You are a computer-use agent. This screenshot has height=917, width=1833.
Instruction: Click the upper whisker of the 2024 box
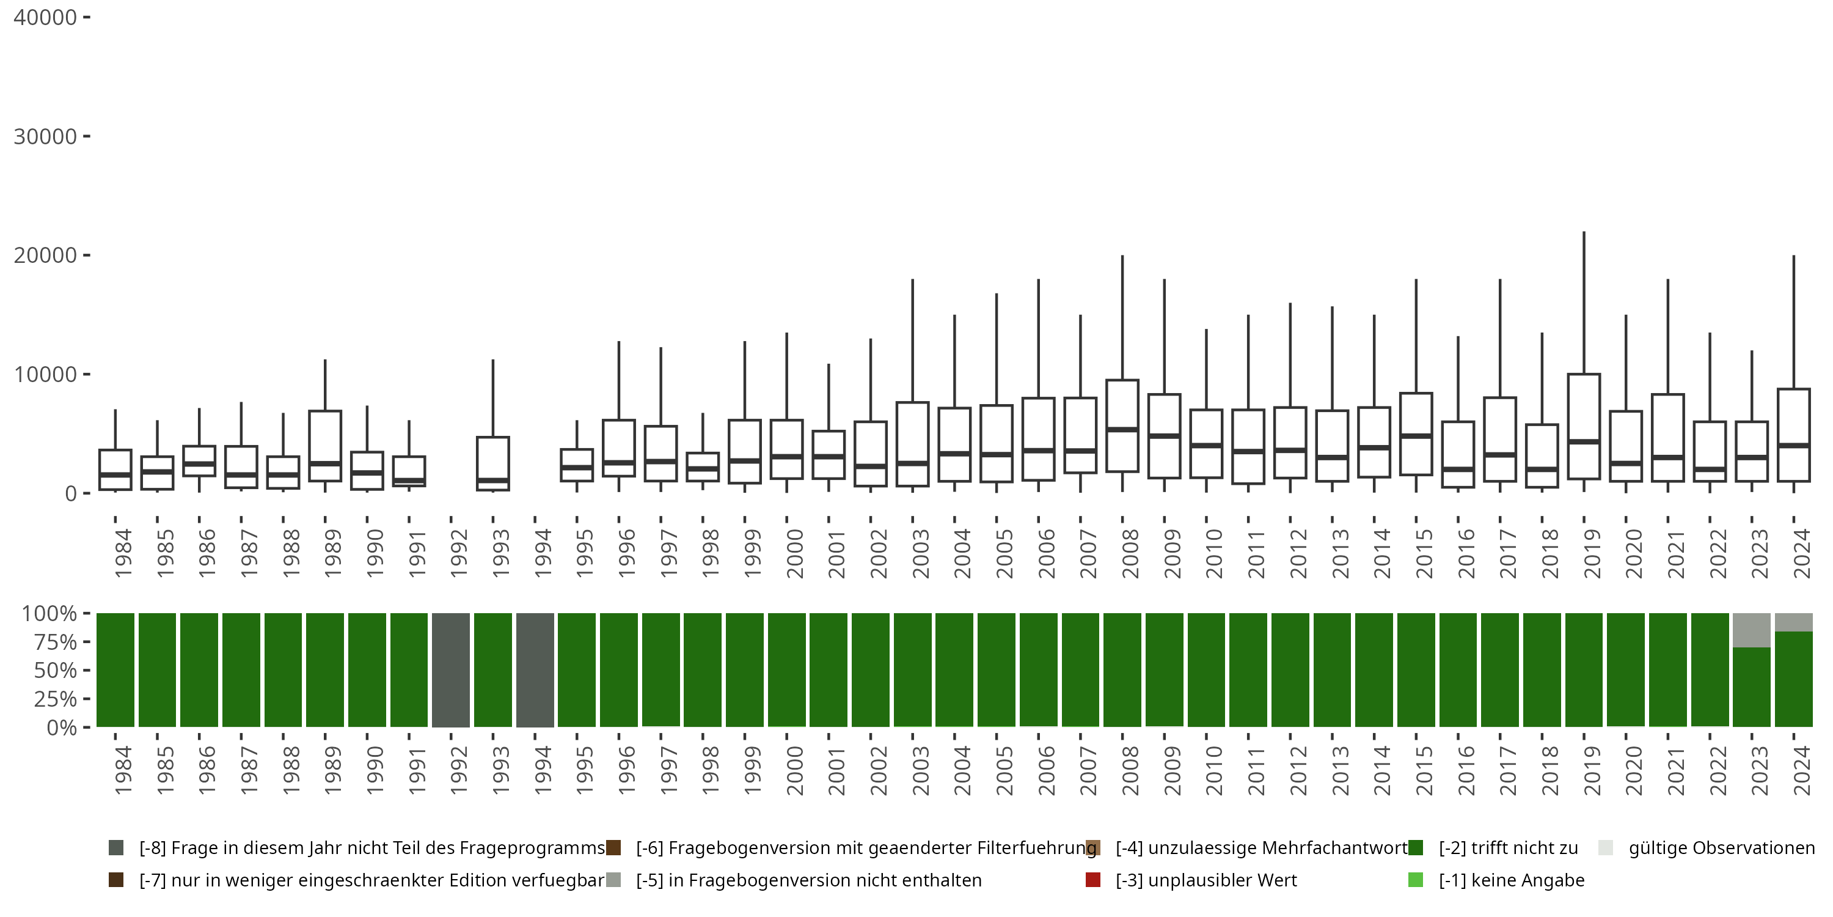click(x=1793, y=320)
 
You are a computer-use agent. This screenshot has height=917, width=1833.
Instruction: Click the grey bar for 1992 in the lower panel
click(x=451, y=670)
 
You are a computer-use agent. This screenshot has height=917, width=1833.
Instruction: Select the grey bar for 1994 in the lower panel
click(x=535, y=670)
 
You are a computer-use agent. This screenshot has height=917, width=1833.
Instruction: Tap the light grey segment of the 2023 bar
click(x=1751, y=630)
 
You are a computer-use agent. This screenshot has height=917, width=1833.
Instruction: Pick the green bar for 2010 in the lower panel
click(x=1206, y=670)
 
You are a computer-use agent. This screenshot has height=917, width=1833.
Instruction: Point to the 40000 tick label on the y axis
click(x=45, y=18)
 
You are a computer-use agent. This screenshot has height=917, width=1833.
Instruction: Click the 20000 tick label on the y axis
click(x=45, y=256)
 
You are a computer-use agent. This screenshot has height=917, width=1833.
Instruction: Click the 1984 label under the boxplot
click(x=123, y=553)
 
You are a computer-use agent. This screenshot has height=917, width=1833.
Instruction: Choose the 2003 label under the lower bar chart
click(x=921, y=771)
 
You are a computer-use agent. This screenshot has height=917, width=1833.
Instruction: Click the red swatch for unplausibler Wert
click(x=1093, y=880)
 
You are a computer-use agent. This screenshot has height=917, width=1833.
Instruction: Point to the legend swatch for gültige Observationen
click(x=1605, y=848)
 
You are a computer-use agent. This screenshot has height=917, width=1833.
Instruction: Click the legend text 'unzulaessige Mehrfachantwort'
click(x=1262, y=848)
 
